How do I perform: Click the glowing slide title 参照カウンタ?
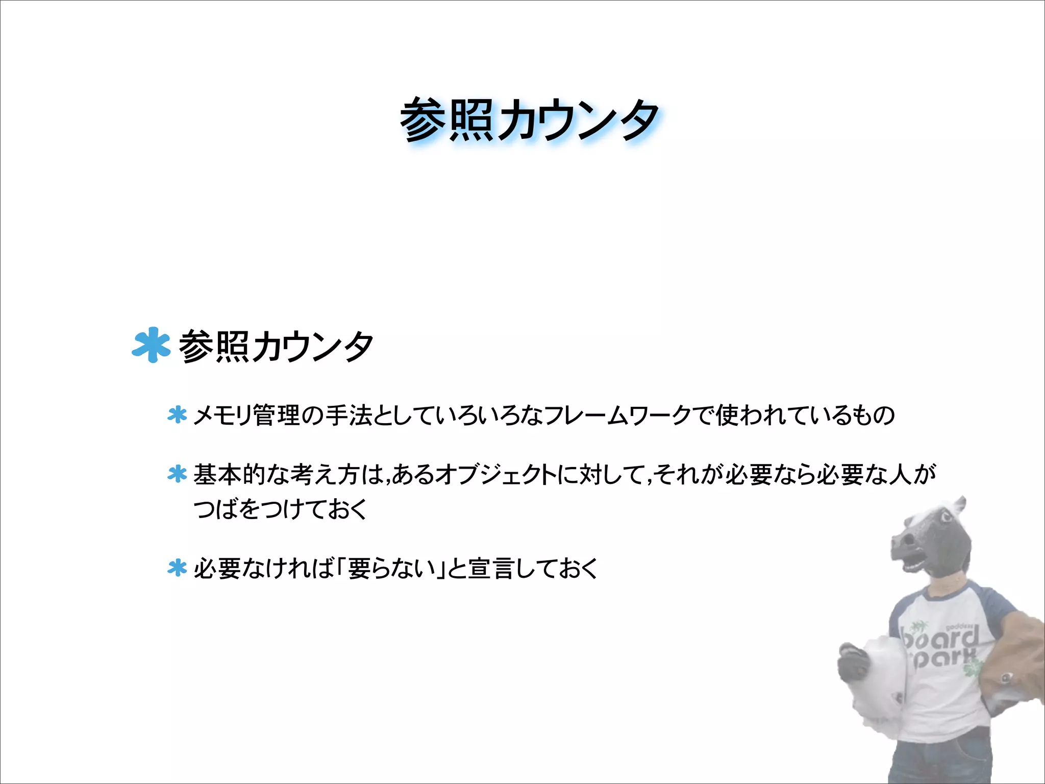tap(530, 120)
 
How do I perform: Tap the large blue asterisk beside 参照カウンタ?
tap(151, 345)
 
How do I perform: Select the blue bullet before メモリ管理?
tap(177, 415)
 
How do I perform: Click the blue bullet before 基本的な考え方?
tap(177, 474)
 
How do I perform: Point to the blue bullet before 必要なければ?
tap(177, 568)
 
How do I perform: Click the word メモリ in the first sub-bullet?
tap(223, 415)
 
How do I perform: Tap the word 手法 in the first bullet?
tap(349, 415)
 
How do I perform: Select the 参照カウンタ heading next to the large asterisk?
tap(276, 346)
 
